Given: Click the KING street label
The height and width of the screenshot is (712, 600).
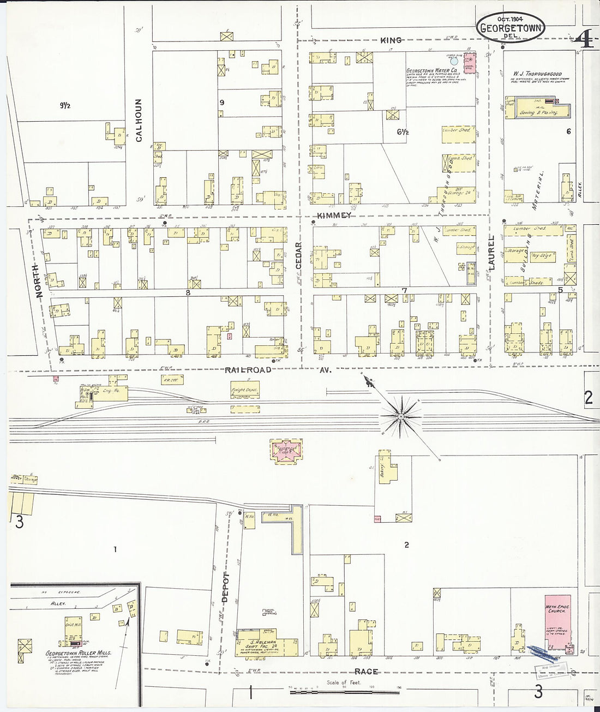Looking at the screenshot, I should pyautogui.click(x=391, y=40).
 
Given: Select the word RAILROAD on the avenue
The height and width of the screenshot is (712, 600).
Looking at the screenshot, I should pyautogui.click(x=248, y=369).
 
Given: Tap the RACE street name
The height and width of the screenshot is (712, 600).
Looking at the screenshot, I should pyautogui.click(x=366, y=671).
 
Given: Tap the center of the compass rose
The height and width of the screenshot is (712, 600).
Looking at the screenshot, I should pyautogui.click(x=401, y=417).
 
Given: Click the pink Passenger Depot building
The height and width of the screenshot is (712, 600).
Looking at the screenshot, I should pyautogui.click(x=287, y=452).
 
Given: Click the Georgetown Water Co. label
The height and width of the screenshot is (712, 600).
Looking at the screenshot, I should pyautogui.click(x=431, y=71).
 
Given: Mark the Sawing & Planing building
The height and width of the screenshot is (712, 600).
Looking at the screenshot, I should pyautogui.click(x=538, y=111).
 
